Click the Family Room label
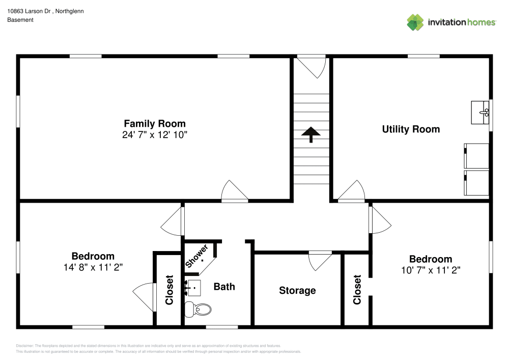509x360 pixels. [x=155, y=123]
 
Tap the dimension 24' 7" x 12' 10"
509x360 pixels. [x=155, y=135]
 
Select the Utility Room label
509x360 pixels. [x=411, y=129]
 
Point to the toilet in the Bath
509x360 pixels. [x=198, y=308]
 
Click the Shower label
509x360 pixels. [x=196, y=256]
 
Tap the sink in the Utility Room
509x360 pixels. [x=480, y=112]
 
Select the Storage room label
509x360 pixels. [x=297, y=291]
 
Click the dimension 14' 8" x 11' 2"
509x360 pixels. [x=93, y=267]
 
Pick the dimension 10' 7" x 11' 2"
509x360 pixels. [x=431, y=270]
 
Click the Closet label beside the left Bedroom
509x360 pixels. [x=169, y=290]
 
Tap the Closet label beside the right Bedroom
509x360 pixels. [x=357, y=290]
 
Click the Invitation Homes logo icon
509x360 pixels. [x=415, y=22]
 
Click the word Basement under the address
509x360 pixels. [x=20, y=20]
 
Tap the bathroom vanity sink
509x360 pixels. [x=193, y=288]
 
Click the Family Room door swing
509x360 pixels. [x=234, y=191]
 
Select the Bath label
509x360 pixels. [x=224, y=287]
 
